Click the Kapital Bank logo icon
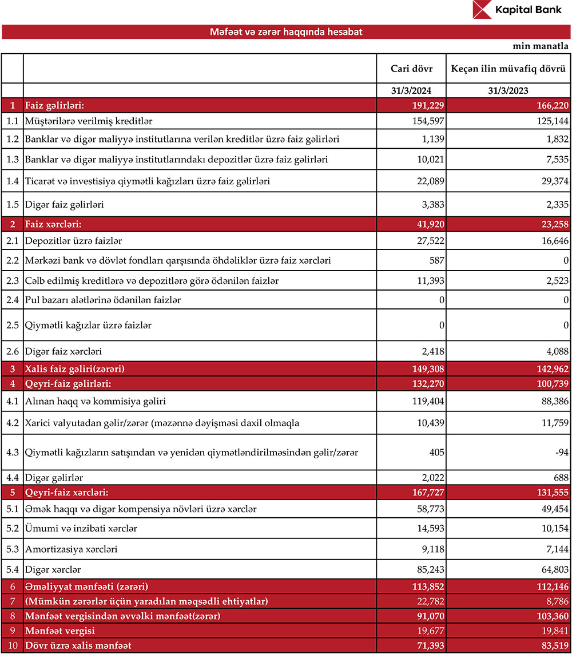click(483, 10)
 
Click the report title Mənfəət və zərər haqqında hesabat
click(286, 32)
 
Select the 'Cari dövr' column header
click(411, 69)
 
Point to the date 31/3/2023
click(509, 90)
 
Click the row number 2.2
click(12, 261)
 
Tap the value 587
click(437, 261)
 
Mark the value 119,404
click(427, 401)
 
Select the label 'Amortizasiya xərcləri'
click(71, 549)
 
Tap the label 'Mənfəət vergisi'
click(59, 631)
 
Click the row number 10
click(12, 646)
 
